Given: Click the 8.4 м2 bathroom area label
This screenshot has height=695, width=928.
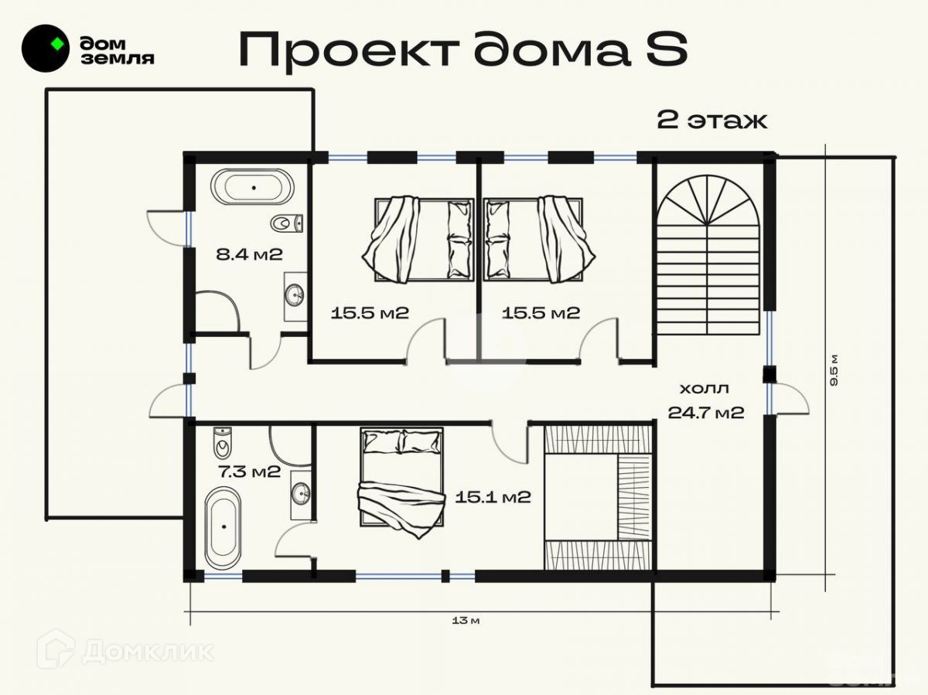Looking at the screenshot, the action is click(x=249, y=254).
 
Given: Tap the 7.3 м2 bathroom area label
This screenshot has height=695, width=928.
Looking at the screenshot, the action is click(x=249, y=472).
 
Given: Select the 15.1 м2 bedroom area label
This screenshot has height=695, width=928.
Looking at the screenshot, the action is click(x=493, y=497).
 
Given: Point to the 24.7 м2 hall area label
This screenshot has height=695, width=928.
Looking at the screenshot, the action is click(x=706, y=412).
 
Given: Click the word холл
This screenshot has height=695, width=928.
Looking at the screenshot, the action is click(x=705, y=389).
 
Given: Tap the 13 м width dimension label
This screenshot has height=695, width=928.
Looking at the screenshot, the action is click(x=466, y=621).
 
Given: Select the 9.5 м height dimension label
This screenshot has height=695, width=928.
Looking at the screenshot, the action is click(x=834, y=370).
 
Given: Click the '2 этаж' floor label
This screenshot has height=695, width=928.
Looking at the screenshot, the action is click(x=712, y=121).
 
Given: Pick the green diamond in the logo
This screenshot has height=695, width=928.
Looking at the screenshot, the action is click(x=57, y=44).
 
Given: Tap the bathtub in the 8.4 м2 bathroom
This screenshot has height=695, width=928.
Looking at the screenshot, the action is click(x=252, y=187).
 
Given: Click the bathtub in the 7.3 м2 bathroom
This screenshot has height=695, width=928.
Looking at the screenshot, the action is click(x=223, y=528).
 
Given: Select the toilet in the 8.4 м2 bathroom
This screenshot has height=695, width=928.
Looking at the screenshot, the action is click(x=287, y=223).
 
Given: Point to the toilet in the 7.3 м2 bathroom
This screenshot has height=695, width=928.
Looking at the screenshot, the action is click(x=223, y=443).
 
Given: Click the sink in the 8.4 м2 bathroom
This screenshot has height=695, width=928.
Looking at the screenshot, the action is click(x=295, y=294).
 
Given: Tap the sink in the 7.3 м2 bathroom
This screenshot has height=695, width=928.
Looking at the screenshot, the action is click(x=301, y=493).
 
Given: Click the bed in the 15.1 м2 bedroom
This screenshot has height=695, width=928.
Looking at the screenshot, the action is click(x=401, y=482).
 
